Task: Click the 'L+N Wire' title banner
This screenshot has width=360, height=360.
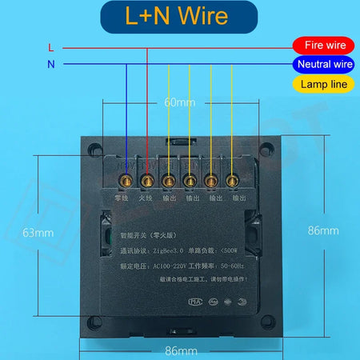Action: click(179, 16)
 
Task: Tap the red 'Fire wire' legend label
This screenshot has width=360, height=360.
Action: click(318, 46)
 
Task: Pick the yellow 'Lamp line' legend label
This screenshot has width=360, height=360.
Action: click(318, 83)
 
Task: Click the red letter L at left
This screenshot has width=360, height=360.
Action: click(51, 48)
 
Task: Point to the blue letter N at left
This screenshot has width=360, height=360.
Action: click(51, 65)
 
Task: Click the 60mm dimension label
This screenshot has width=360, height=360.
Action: click(180, 103)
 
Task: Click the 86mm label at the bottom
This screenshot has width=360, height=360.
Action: click(181, 350)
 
